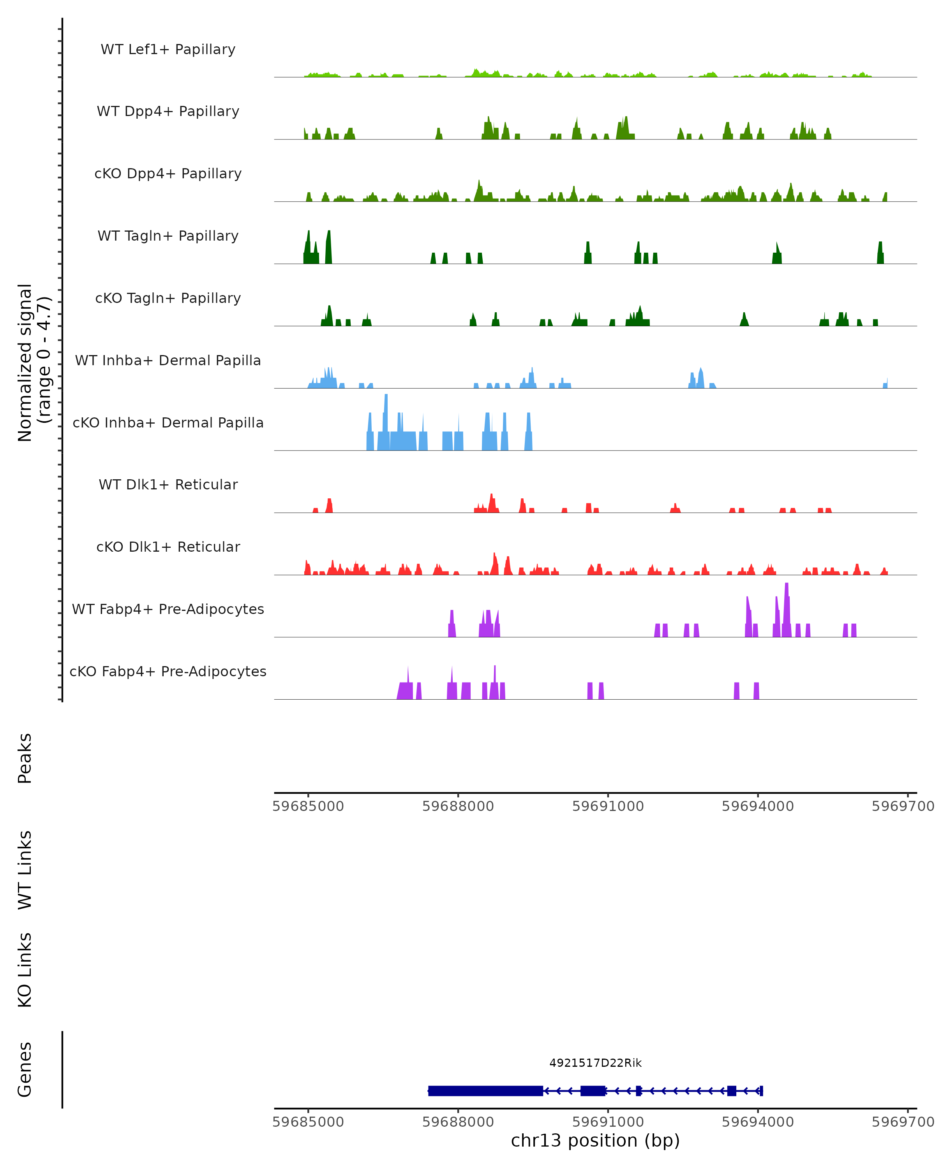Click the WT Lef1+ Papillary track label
coord(168,49)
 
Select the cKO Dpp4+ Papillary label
coord(168,173)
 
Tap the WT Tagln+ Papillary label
coord(168,236)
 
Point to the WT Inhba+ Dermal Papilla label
coord(168,360)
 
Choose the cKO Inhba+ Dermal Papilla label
coord(168,422)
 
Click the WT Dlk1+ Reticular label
coord(168,484)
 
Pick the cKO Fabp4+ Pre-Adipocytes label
coord(168,671)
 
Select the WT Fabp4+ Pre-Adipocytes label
coord(168,609)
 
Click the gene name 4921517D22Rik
coord(595,1063)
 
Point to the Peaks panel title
coord(25,758)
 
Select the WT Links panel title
coord(25,869)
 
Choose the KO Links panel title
coord(25,970)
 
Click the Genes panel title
coord(25,1069)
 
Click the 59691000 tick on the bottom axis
coord(608,1121)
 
